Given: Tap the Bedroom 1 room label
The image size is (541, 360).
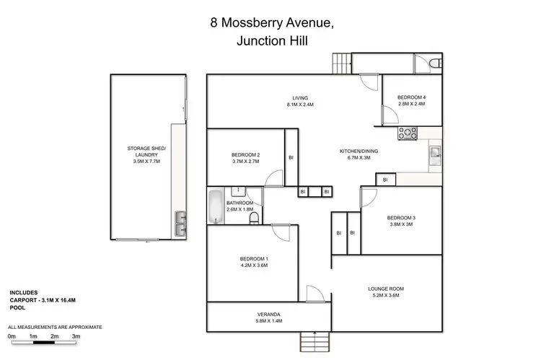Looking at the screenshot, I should pyautogui.click(x=255, y=259).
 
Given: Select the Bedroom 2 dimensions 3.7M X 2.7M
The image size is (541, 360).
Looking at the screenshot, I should pyautogui.click(x=245, y=162).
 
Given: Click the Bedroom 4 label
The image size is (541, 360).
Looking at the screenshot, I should pyautogui.click(x=411, y=97).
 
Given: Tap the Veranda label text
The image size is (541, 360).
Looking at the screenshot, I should pyautogui.click(x=268, y=315).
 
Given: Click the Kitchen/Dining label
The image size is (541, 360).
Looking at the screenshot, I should pyautogui.click(x=359, y=151).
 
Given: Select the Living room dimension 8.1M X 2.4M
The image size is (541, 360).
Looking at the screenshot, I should pyautogui.click(x=300, y=105).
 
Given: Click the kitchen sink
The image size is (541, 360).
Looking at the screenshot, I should pyautogui.click(x=435, y=152).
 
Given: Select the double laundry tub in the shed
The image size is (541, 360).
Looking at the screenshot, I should pyautogui.click(x=180, y=224).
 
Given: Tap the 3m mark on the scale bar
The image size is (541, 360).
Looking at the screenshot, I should pyautogui.click(x=76, y=336).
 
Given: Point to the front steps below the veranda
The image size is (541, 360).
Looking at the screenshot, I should pyautogui.click(x=312, y=338).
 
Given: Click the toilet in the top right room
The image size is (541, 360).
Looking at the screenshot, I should pyautogui.click(x=431, y=65).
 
